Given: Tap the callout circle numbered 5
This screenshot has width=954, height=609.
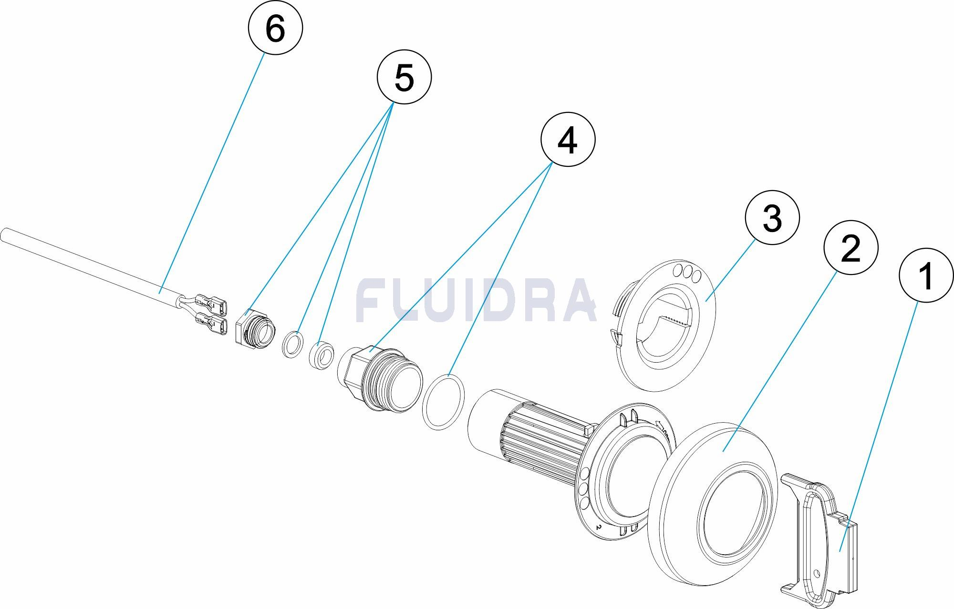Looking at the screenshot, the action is (x=404, y=77).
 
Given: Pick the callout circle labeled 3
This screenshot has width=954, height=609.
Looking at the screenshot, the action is (x=772, y=218).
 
